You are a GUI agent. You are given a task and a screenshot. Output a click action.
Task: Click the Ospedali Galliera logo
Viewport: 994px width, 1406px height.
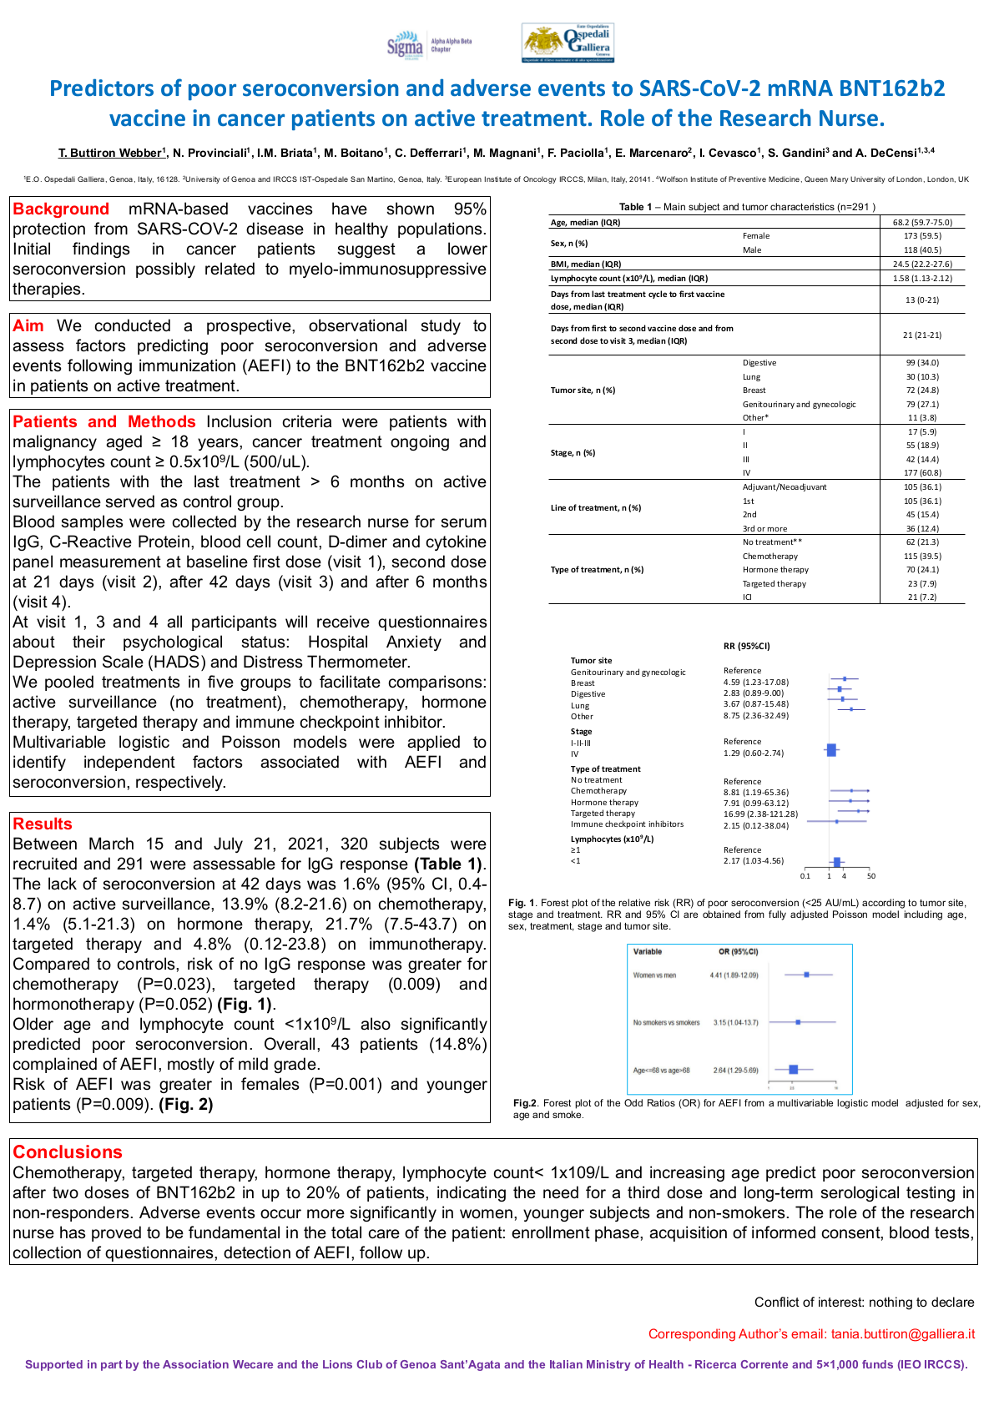point(568,43)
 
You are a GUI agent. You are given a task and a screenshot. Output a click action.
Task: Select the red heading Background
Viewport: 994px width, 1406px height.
point(61,209)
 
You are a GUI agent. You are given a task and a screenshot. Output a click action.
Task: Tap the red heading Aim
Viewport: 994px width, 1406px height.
point(28,326)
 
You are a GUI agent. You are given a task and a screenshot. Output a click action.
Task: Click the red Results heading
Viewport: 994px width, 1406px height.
point(43,824)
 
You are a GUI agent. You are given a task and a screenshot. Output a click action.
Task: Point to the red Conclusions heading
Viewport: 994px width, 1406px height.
point(68,1152)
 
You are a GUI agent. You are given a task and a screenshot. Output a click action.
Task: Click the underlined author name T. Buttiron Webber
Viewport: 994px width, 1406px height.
point(111,153)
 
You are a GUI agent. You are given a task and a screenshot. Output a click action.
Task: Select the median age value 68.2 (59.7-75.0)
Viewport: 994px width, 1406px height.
point(921,223)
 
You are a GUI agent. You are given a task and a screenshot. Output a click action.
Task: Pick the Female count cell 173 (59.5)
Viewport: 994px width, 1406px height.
point(921,236)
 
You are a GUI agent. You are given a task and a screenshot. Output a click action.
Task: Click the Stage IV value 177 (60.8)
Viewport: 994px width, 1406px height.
point(921,473)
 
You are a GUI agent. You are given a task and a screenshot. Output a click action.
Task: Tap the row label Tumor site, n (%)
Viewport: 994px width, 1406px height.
point(583,391)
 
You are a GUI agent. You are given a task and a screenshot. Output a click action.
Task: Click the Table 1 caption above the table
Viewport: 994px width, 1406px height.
point(747,207)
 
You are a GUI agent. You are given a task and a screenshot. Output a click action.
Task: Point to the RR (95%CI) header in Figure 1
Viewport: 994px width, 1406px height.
point(746,646)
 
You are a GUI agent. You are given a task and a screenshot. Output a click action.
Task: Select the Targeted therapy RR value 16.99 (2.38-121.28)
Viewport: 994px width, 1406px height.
point(760,814)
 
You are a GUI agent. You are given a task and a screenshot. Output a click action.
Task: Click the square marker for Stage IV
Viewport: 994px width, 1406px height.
point(831,751)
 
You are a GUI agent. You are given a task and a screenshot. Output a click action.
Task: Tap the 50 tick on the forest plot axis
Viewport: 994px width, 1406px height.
point(870,876)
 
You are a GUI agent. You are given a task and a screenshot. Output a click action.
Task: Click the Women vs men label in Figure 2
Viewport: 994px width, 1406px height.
point(654,975)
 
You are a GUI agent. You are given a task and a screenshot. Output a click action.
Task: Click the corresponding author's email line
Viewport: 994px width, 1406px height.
point(811,1334)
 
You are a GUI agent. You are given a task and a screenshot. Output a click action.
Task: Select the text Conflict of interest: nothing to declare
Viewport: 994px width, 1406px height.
point(864,1303)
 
